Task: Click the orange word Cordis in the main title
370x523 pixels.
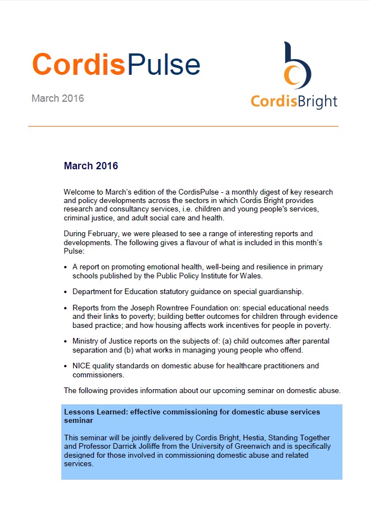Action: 78,64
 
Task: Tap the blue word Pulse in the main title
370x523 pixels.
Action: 164,64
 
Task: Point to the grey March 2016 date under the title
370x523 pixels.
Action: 57,98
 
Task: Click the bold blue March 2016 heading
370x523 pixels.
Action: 91,166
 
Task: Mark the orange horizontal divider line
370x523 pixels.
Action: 183,127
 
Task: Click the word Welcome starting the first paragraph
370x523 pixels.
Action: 80,192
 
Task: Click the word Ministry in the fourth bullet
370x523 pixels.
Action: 85,341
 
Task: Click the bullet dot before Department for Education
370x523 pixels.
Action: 66,292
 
